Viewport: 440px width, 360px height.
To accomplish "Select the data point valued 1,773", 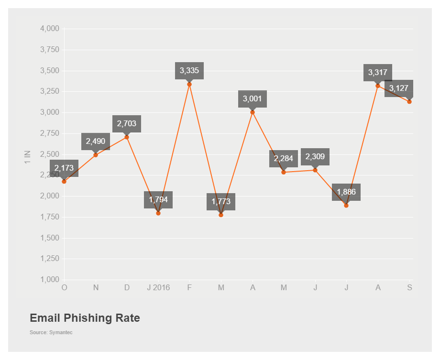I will [x=221, y=215].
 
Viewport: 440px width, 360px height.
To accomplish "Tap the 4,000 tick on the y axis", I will [x=49, y=29].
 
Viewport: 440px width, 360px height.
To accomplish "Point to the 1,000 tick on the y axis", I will [x=49, y=280].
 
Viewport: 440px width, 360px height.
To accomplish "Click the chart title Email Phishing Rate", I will [x=85, y=318].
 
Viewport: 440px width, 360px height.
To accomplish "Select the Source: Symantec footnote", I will [x=51, y=332].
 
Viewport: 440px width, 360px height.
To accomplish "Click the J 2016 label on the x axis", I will [x=158, y=288].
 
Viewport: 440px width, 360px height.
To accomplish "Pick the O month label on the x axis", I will [x=64, y=288].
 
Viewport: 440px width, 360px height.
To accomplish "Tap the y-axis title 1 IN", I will [x=27, y=158].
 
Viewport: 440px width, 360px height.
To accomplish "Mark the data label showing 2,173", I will [x=64, y=168].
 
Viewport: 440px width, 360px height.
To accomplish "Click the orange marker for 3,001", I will [x=253, y=112].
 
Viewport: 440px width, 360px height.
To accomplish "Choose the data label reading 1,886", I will [x=346, y=192].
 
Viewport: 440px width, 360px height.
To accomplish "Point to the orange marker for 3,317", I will [x=378, y=86].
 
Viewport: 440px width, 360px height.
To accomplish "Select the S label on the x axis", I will [x=409, y=288].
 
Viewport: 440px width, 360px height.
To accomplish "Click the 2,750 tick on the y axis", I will [x=49, y=133].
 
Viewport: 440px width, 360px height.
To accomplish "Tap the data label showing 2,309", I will [x=315, y=156].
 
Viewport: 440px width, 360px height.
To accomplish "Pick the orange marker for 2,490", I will [x=96, y=155].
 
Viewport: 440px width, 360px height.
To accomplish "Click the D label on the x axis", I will [x=127, y=288].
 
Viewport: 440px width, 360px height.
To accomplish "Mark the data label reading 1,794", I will [x=158, y=199].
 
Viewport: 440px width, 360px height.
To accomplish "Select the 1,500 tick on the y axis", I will [x=49, y=238].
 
